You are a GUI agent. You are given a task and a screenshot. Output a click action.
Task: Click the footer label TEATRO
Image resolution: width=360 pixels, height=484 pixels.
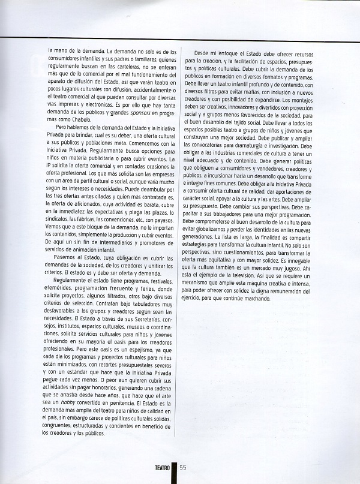160,470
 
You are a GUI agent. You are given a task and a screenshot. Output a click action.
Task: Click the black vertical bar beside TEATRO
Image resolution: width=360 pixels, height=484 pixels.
175,472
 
